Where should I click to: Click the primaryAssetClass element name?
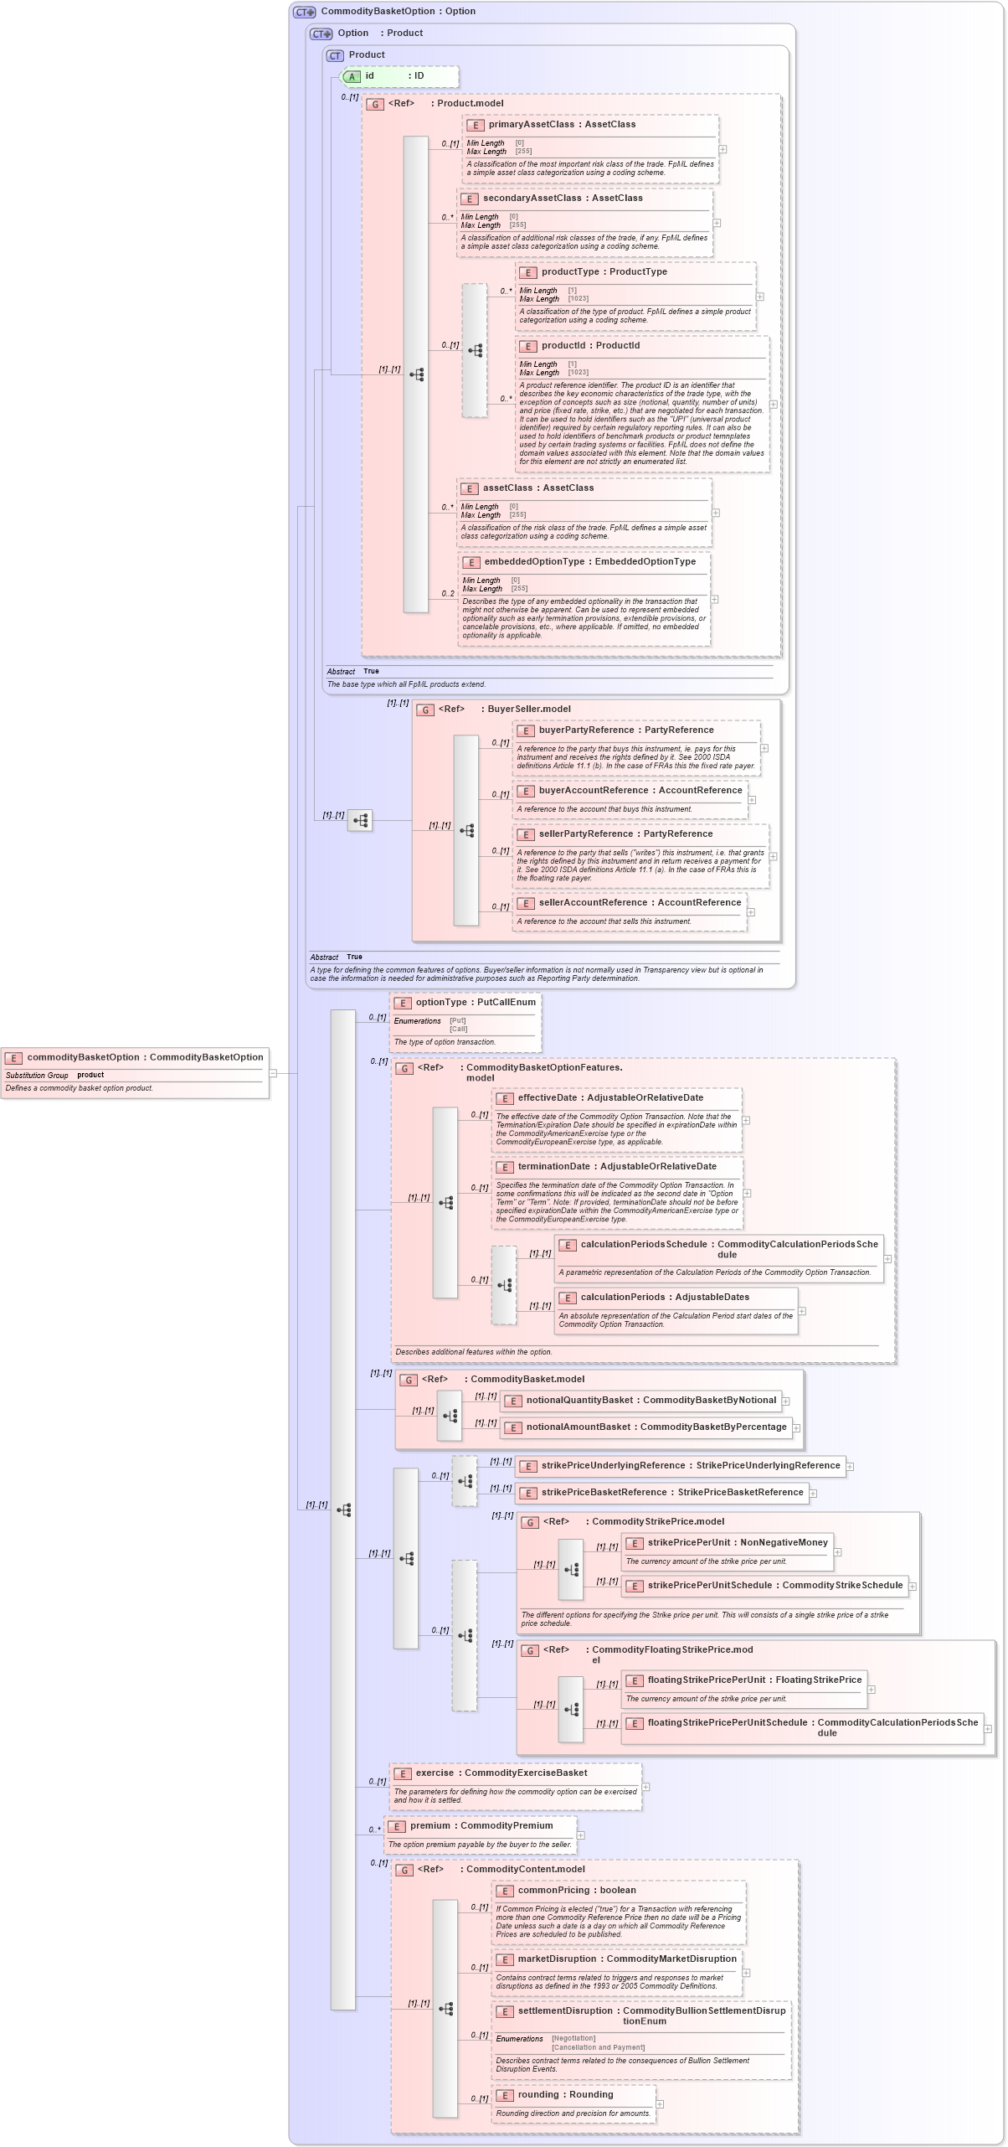click(x=532, y=125)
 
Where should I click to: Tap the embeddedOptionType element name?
click(x=533, y=562)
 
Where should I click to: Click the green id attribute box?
click(x=400, y=76)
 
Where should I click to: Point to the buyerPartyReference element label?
click(x=586, y=730)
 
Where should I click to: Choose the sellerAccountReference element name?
click(x=593, y=903)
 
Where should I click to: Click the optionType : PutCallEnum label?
click(x=475, y=1003)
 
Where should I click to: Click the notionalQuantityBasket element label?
click(x=579, y=1401)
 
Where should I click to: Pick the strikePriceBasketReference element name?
click(x=606, y=1493)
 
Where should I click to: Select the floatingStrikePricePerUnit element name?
click(x=706, y=1680)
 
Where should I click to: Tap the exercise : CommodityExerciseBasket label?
click(x=501, y=1773)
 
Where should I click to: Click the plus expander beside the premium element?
click(x=580, y=1836)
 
